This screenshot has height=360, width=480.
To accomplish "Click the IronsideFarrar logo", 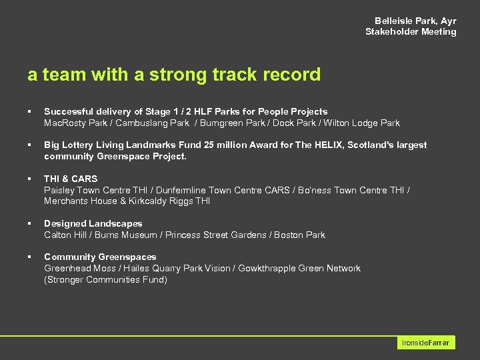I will [x=426, y=343].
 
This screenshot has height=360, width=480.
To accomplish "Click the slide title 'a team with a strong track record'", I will [x=174, y=75].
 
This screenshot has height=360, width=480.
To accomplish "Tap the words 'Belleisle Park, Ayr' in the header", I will [x=415, y=21].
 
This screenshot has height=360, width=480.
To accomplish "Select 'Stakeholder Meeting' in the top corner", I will [x=411, y=31].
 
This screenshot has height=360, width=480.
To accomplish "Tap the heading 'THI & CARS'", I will [x=71, y=179].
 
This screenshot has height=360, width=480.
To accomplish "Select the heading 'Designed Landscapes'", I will [x=93, y=223].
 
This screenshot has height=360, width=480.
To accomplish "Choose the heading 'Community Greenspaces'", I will [x=100, y=257].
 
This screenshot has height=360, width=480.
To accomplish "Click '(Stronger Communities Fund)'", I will [x=105, y=279].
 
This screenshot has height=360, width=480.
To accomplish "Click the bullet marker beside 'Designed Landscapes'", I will [x=29, y=223].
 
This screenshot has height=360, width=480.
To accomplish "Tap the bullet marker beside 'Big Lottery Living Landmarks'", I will [x=29, y=145].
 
